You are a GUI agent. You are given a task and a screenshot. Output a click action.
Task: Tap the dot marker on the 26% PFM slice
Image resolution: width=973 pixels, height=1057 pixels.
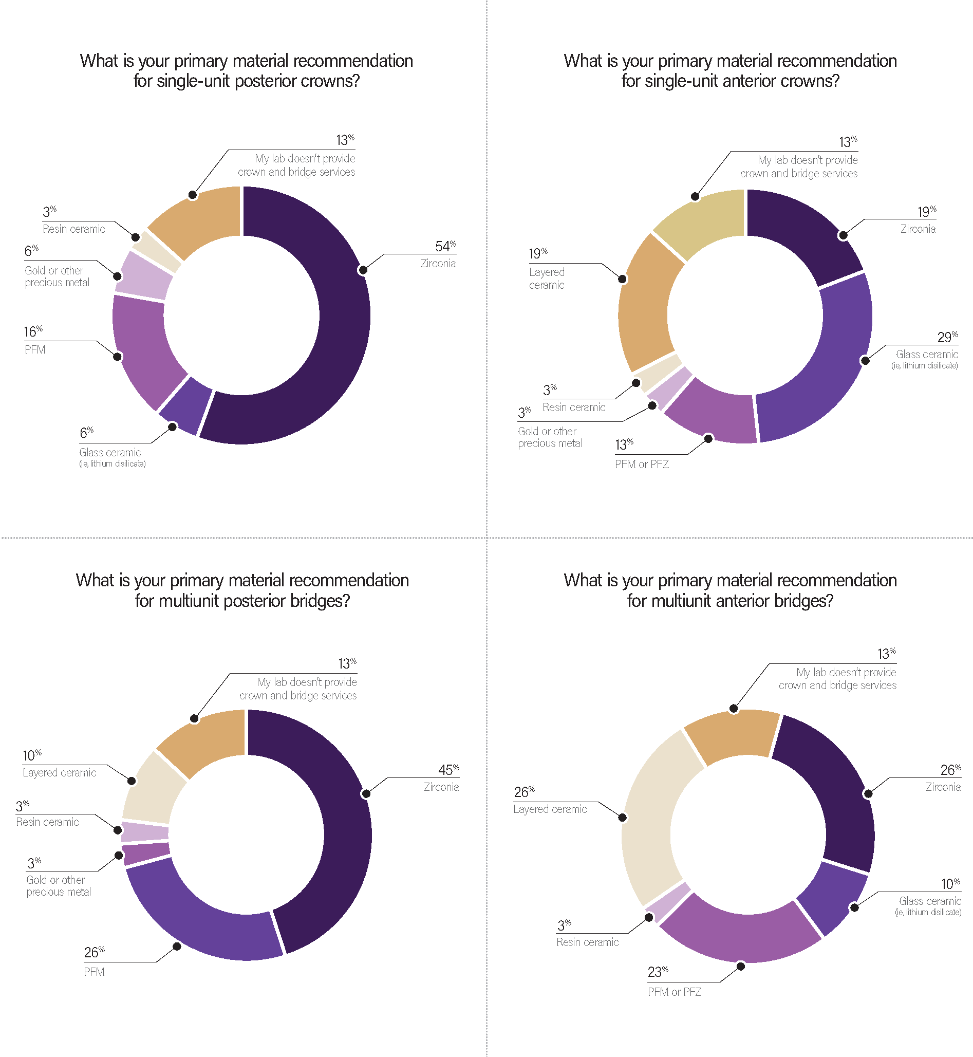click(177, 947)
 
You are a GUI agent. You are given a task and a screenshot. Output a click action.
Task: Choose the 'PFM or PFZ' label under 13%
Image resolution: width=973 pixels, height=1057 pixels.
click(642, 465)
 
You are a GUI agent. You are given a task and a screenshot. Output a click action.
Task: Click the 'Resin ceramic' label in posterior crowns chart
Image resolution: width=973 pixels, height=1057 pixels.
click(73, 229)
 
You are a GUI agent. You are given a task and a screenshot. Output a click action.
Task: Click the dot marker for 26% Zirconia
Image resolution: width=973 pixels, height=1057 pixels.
click(868, 794)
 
